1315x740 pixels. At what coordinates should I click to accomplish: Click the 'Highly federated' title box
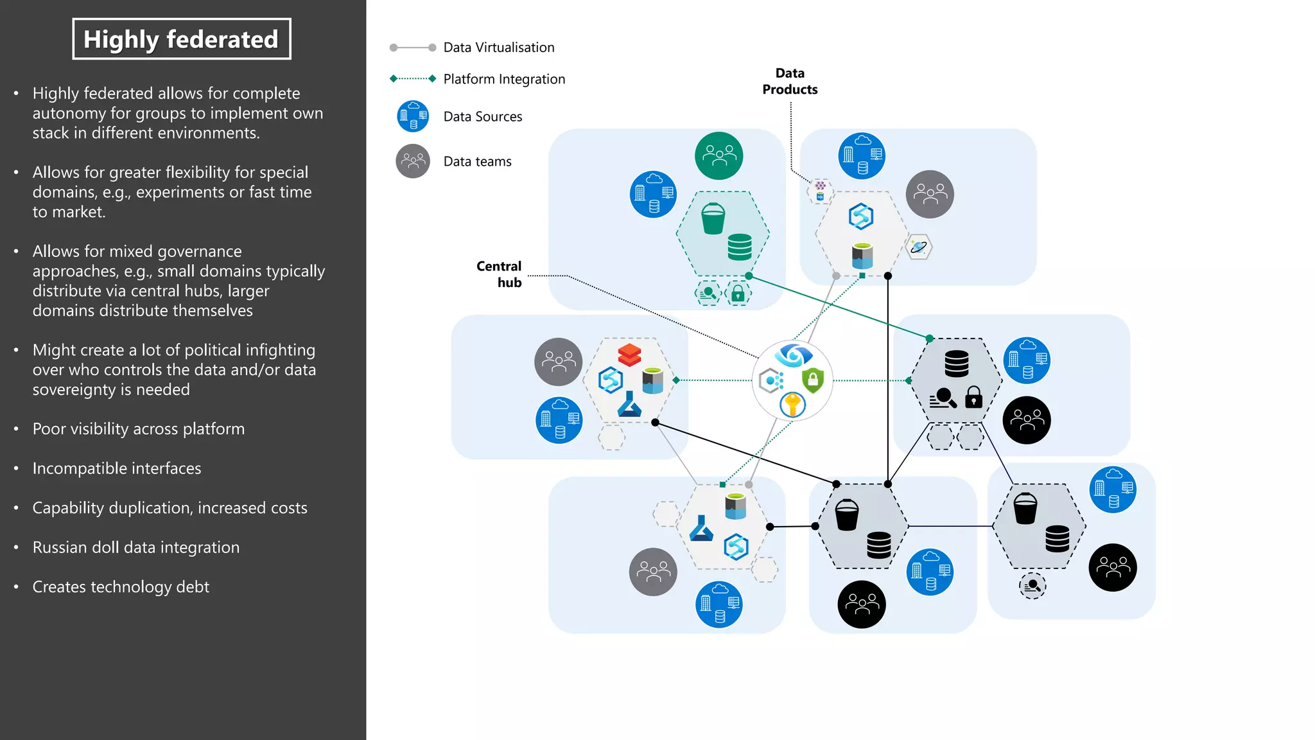pos(181,39)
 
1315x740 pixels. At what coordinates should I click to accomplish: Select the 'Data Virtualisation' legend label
pos(498,48)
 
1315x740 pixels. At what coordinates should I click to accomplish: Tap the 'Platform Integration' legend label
pos(504,79)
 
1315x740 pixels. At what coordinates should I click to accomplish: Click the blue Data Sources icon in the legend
pos(413,116)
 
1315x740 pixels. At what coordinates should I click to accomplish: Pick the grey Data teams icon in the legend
pos(413,161)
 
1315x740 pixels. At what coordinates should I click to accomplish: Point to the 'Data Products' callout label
pos(790,82)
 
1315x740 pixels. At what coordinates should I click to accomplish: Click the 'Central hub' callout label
pos(500,274)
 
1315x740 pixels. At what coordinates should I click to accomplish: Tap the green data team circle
pos(718,155)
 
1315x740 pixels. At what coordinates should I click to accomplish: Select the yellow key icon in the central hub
pos(793,405)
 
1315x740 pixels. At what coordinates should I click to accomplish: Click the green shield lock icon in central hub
pos(813,380)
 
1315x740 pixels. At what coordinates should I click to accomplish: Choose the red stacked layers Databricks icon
pos(629,355)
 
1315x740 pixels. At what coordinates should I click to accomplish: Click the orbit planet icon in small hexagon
pos(919,247)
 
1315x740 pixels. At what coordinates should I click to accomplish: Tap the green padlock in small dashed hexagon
pos(738,294)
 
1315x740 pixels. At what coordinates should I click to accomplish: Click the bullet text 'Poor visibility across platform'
pos(139,429)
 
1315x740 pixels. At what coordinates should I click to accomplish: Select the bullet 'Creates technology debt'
pos(121,587)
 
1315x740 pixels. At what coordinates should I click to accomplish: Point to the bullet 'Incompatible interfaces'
pos(117,469)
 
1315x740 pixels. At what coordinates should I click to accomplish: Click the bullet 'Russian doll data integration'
pos(136,547)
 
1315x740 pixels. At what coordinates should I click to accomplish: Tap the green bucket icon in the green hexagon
pos(713,218)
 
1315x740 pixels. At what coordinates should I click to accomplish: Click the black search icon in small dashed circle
pos(1032,585)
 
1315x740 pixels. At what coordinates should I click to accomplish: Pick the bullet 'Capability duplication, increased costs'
pos(170,508)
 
